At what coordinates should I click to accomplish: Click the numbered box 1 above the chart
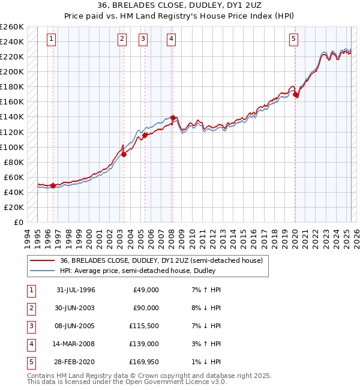[x=52, y=40]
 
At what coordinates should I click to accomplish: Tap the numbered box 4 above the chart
[x=171, y=40]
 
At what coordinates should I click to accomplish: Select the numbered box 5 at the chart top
[x=294, y=40]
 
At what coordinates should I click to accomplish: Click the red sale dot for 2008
[x=173, y=118]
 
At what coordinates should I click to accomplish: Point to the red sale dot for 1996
[x=53, y=185]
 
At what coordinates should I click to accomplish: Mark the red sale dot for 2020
[x=296, y=94]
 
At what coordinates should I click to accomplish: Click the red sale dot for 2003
[x=124, y=154]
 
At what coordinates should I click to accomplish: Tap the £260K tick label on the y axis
[x=12, y=27]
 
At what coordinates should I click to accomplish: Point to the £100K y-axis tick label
[x=12, y=147]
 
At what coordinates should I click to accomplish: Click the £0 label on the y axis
[x=19, y=222]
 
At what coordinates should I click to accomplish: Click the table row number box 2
[x=31, y=308]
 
